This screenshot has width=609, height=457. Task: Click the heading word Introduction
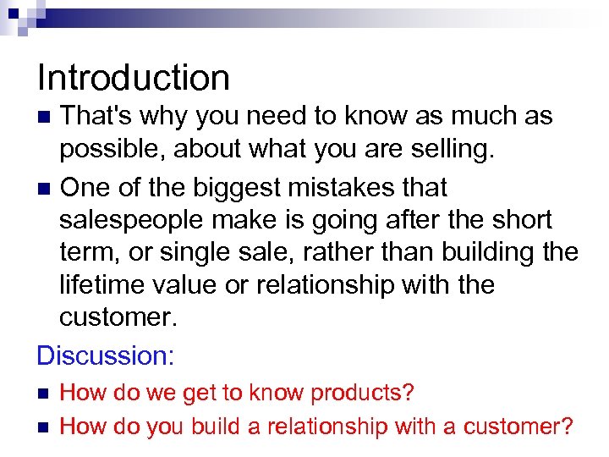coord(134,78)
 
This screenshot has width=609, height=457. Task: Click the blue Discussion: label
coord(106,355)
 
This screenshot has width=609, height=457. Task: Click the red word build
coord(216,426)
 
